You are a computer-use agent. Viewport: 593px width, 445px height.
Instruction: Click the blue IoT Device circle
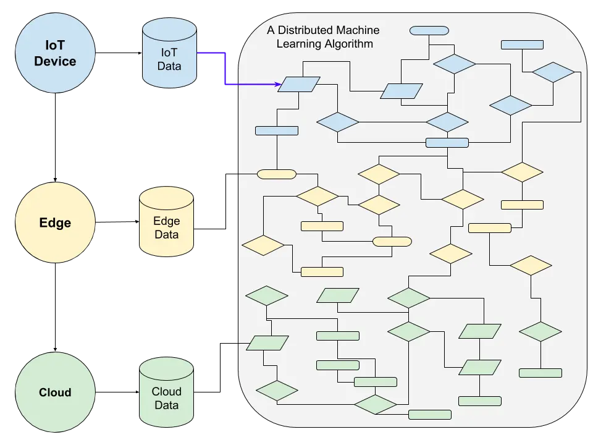(55, 53)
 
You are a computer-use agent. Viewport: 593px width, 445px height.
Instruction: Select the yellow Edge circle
(55, 223)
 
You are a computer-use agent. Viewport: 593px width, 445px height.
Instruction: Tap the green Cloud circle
(55, 392)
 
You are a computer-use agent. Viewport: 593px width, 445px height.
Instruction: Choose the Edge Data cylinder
(166, 222)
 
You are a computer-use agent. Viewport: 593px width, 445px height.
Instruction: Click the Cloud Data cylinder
(166, 392)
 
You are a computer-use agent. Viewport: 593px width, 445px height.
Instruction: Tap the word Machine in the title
(358, 30)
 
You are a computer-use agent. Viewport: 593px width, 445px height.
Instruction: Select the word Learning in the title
(300, 44)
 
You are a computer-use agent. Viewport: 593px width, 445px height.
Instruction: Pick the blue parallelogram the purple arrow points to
(299, 84)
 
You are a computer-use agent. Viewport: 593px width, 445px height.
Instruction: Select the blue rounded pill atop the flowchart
(429, 30)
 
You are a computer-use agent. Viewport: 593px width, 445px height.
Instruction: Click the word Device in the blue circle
(55, 61)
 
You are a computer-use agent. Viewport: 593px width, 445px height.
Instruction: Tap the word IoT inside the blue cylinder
(169, 51)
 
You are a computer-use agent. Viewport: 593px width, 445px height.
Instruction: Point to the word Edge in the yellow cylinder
(166, 221)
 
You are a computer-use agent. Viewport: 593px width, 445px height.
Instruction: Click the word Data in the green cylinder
(166, 405)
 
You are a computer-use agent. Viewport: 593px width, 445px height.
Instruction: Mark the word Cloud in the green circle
(55, 392)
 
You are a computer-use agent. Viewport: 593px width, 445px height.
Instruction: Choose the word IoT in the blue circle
(55, 45)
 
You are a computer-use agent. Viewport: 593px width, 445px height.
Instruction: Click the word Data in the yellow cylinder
(166, 235)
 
